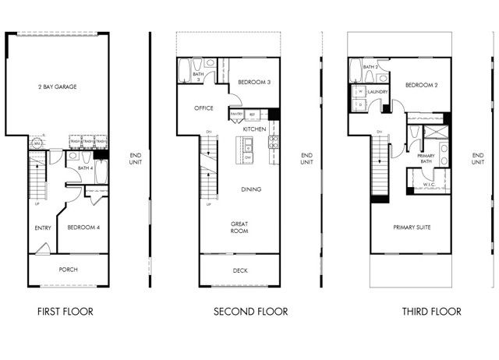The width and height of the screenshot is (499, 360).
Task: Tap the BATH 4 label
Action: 86,168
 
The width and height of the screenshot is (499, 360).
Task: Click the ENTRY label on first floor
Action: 43,228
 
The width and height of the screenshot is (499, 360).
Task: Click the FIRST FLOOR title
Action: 65,312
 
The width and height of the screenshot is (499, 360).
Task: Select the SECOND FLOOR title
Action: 250,312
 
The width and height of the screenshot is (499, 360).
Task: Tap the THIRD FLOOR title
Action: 431,312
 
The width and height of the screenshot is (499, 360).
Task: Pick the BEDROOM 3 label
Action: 253,82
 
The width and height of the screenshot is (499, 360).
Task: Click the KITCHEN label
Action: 254,129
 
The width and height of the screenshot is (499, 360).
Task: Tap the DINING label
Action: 250,189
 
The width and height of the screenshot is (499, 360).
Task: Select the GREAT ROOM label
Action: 239,227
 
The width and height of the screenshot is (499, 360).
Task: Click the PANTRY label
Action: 236,115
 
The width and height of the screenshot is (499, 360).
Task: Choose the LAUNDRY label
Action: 378,91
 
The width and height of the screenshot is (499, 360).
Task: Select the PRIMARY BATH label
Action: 426,158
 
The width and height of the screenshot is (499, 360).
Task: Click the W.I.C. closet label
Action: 426,184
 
